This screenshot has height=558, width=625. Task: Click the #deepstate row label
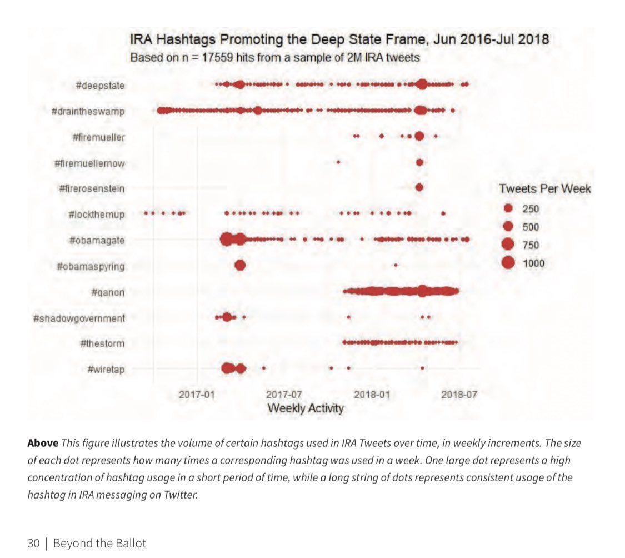point(101,86)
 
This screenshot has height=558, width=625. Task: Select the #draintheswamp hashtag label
point(88,112)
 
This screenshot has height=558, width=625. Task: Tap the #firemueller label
point(98,137)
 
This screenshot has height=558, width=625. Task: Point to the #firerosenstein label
point(92,189)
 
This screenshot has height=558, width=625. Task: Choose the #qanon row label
point(108,292)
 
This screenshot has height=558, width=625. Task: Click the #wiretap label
point(106,368)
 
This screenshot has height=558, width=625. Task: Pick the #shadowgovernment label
point(79,318)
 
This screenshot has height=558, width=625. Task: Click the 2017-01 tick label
point(197,395)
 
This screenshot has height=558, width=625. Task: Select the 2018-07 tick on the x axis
point(459,395)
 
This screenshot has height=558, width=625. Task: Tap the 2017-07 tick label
point(284,395)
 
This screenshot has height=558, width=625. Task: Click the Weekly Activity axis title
point(306,408)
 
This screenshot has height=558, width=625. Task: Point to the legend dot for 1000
point(507,263)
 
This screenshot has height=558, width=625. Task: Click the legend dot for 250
point(507,209)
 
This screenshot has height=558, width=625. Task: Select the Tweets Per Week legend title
point(545,188)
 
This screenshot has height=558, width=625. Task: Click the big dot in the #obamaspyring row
point(239,266)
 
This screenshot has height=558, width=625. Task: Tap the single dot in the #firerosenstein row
point(419,188)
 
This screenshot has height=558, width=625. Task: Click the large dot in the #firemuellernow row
point(419,162)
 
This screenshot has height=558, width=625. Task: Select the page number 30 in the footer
point(33,543)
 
